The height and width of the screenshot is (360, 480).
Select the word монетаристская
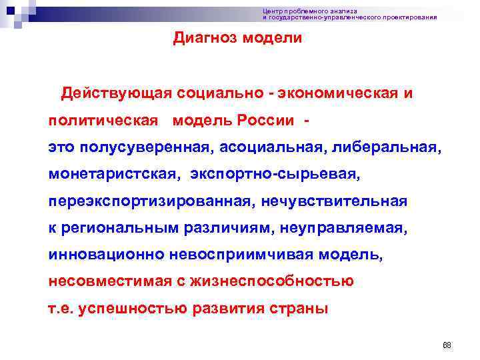(114, 173)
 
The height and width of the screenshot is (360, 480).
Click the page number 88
(447, 345)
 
